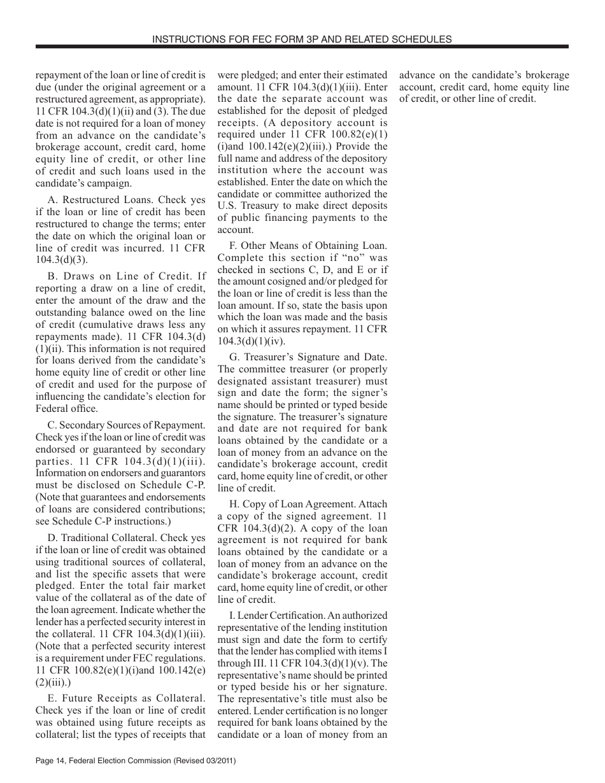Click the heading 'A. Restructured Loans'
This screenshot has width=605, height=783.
pyautogui.click(x=100, y=200)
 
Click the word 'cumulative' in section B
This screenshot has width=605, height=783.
pyautogui.click(x=82, y=324)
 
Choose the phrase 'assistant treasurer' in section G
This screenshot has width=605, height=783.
pyautogui.click(x=304, y=381)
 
